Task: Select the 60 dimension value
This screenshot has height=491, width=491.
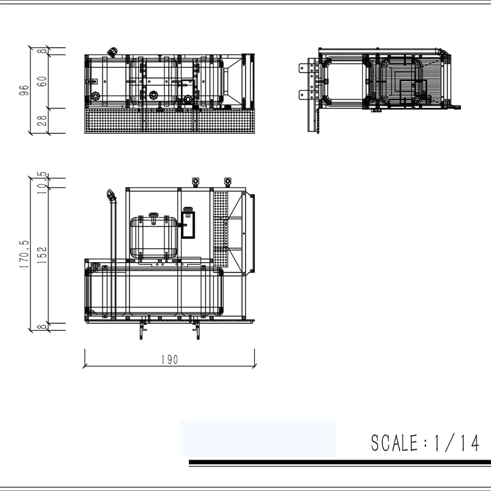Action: tap(42, 82)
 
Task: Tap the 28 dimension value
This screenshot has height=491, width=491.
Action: tap(42, 120)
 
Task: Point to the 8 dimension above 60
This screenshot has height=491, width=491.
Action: tap(42, 51)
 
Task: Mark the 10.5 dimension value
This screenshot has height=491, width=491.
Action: tap(42, 182)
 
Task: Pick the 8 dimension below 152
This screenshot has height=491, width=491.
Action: tap(42, 327)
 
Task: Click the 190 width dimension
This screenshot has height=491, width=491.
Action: tap(169, 360)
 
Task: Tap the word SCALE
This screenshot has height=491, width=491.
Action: tap(393, 443)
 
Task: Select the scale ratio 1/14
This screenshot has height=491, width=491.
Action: tap(455, 443)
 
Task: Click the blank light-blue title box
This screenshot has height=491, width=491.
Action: tap(258, 438)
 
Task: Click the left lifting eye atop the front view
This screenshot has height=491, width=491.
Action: tap(196, 182)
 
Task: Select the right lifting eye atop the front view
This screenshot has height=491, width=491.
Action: tap(228, 182)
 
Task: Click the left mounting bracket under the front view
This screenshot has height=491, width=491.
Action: tap(143, 329)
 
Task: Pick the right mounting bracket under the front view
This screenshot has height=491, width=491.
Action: tap(196, 329)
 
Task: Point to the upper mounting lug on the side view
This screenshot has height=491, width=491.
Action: tap(304, 68)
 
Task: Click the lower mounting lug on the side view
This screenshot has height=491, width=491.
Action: tap(304, 95)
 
